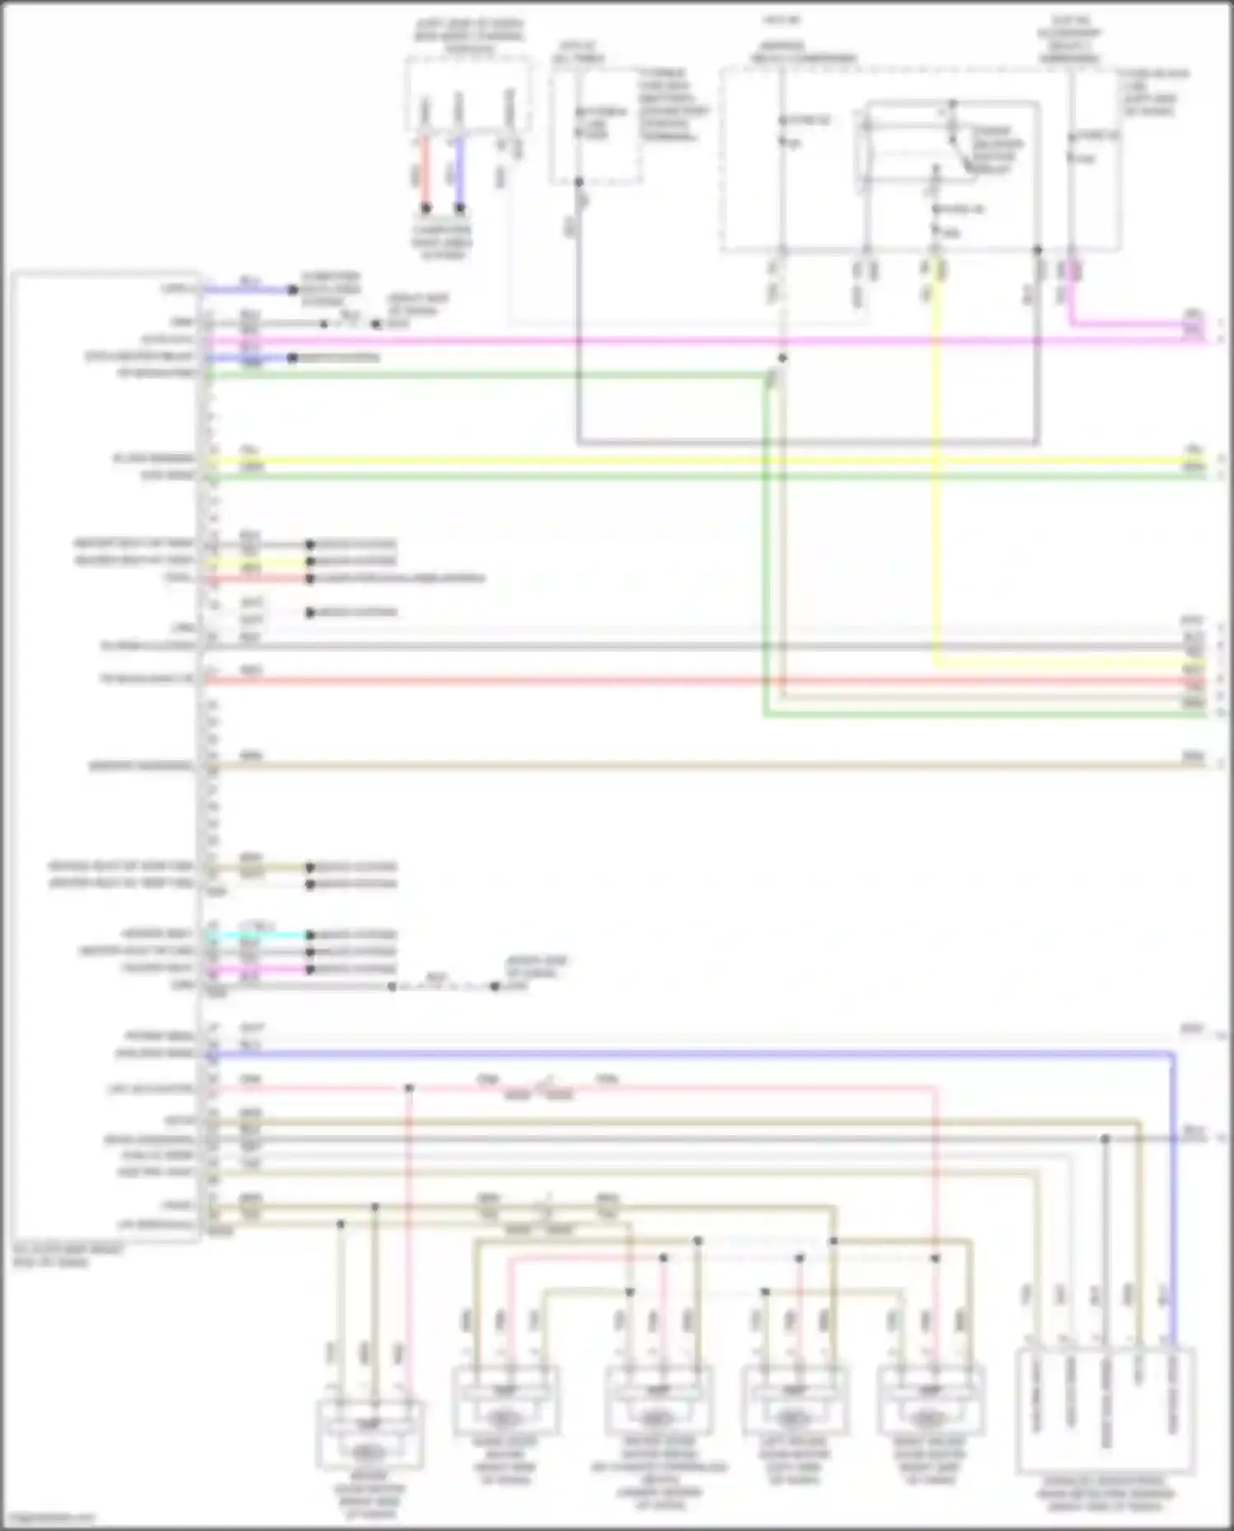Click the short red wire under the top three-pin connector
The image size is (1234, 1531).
pos(425,173)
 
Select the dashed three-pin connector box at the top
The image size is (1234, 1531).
pos(466,94)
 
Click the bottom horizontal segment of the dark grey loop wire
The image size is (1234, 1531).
pos(806,443)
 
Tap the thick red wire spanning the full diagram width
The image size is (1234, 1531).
pos(699,680)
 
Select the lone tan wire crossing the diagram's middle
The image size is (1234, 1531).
pos(699,766)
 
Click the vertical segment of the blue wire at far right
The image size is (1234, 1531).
pos(1173,1193)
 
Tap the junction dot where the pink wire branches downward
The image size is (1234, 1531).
pos(409,1088)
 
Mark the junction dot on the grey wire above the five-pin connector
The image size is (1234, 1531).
pos(1105,1139)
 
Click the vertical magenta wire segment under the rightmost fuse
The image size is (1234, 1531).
pos(1070,296)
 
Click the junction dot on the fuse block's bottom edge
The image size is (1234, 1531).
pos(1037,249)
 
